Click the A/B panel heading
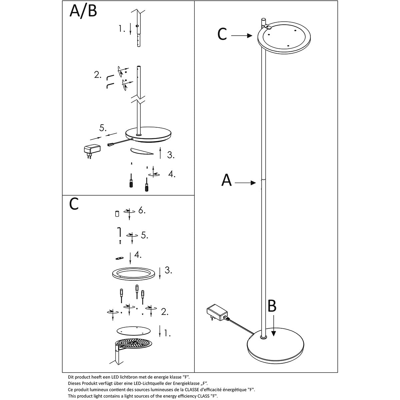click(83, 11)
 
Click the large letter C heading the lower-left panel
click(74, 204)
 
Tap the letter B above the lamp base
click(272, 306)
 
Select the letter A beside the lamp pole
click(227, 180)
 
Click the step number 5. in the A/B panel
click(103, 127)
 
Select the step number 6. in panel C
click(142, 211)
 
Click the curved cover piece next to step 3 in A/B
click(142, 152)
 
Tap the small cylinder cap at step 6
click(117, 214)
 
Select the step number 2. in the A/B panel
click(97, 75)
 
